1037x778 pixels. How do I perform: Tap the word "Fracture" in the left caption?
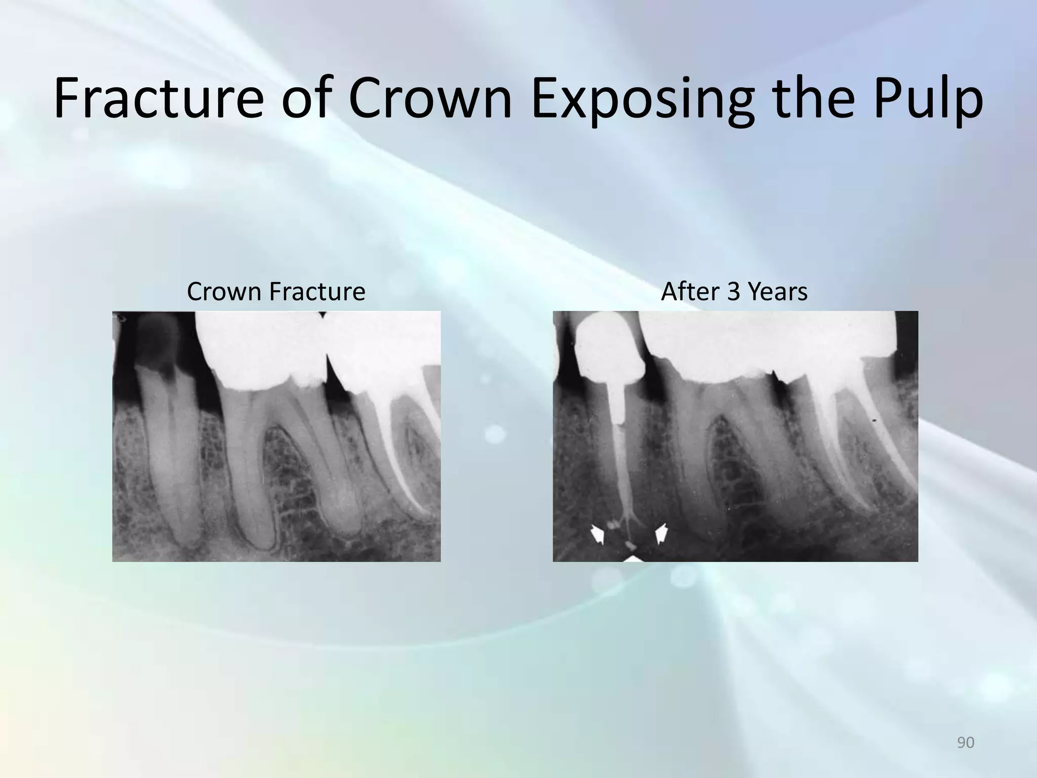tap(317, 292)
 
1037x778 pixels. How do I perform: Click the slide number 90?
tap(966, 743)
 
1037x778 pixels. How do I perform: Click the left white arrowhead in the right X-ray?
tap(598, 534)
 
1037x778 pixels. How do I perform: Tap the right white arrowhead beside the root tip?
tap(662, 533)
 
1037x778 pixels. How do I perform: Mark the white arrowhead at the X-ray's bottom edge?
tap(632, 558)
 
